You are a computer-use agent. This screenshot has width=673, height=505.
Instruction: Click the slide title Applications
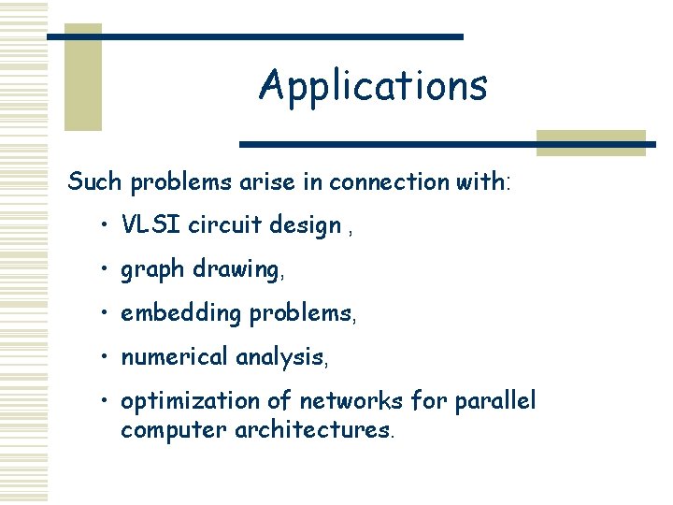point(373,86)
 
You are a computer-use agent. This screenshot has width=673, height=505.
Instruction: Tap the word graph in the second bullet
point(153,271)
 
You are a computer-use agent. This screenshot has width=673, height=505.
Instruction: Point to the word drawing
point(235,269)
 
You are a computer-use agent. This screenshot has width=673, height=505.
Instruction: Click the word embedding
point(181,314)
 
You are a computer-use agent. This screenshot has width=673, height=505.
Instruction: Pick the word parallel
point(495,401)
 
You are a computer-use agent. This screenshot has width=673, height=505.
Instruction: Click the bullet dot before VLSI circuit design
point(108,226)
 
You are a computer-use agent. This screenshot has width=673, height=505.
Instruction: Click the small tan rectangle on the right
point(590,142)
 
